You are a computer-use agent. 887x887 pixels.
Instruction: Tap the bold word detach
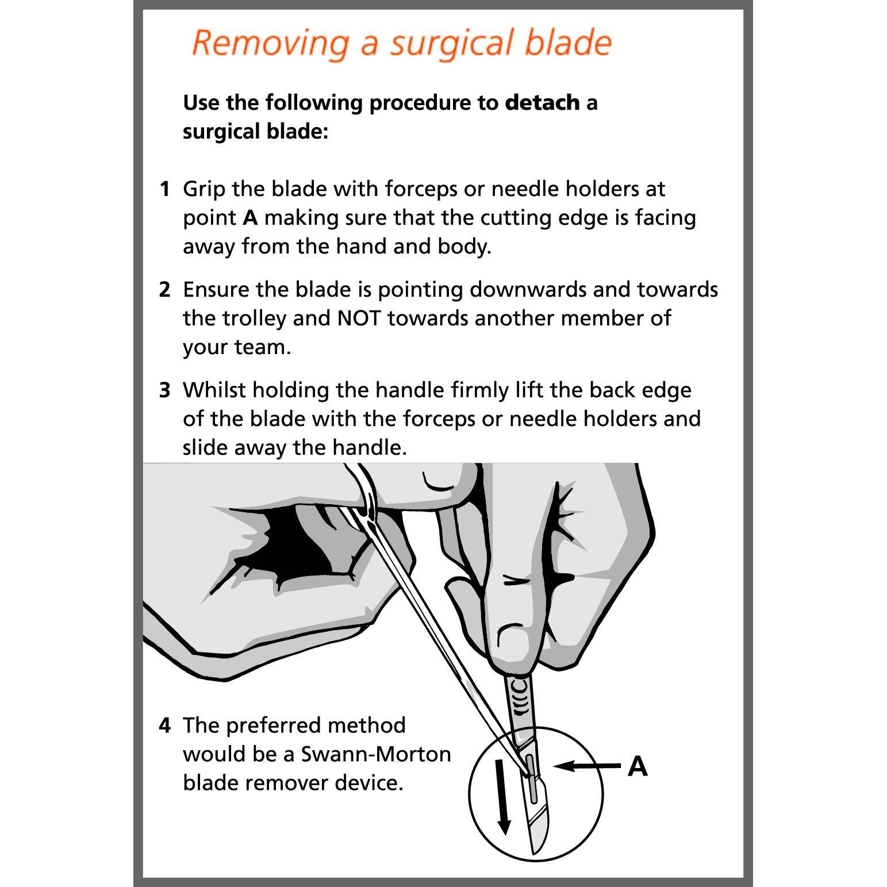click(x=542, y=103)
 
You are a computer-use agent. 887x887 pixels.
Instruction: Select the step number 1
click(x=164, y=189)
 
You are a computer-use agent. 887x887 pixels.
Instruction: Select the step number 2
click(x=164, y=290)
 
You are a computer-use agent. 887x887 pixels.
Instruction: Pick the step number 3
click(x=164, y=390)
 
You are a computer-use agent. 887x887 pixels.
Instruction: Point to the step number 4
click(x=164, y=725)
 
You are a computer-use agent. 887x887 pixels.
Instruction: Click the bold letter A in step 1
click(x=250, y=218)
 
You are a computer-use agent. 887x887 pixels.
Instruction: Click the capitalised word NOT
click(x=359, y=318)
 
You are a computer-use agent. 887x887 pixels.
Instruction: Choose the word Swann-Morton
click(x=376, y=754)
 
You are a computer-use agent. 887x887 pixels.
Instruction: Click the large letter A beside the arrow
click(x=638, y=766)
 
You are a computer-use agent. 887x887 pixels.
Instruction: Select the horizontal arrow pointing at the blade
click(x=586, y=766)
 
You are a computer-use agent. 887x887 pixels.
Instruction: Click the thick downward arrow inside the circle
click(x=502, y=796)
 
